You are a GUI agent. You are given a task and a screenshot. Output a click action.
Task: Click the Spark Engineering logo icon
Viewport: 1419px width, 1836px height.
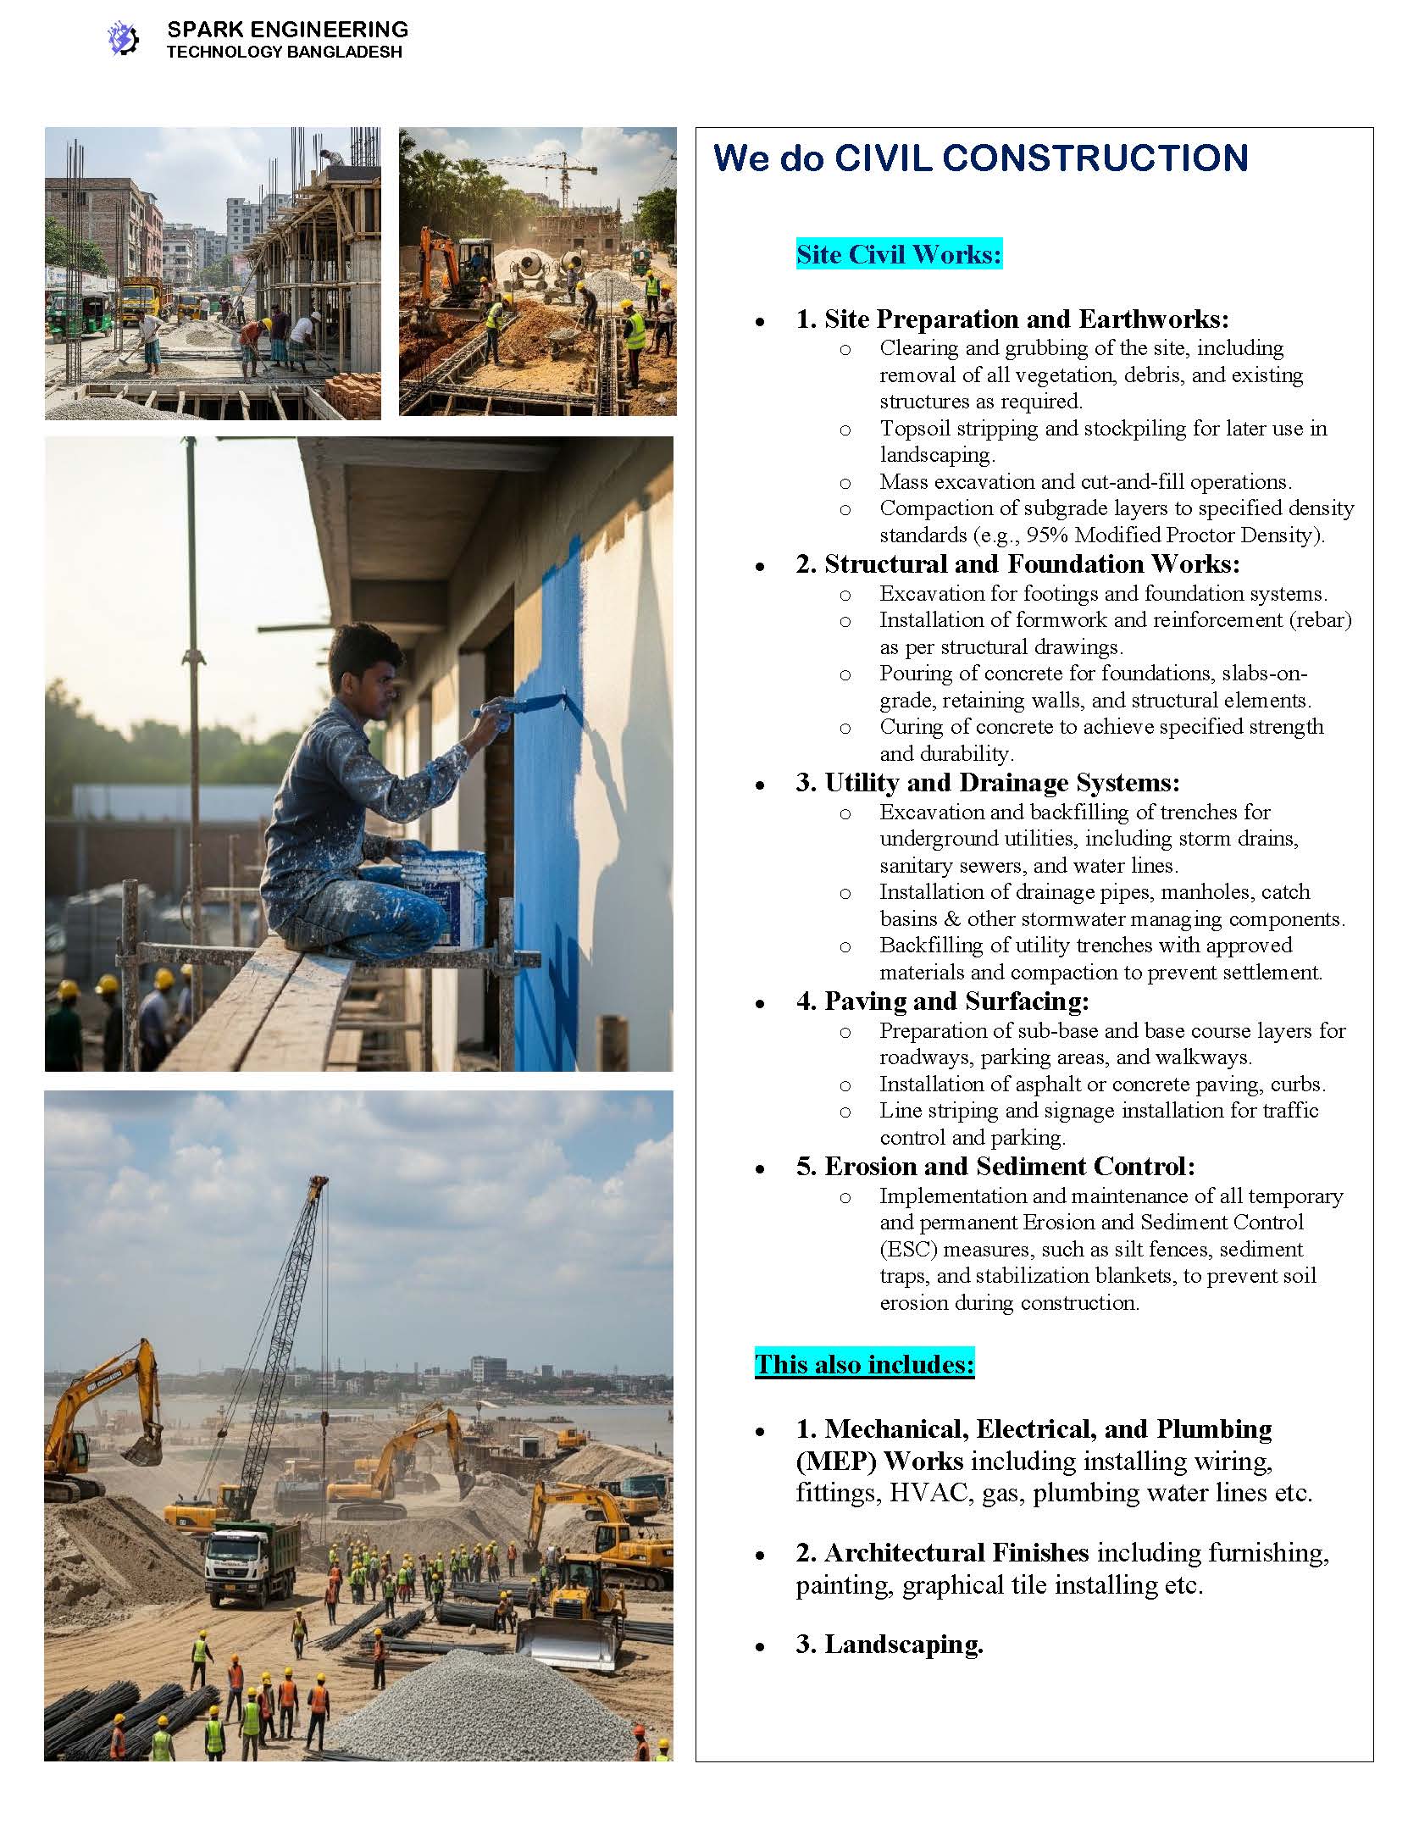pyautogui.click(x=123, y=39)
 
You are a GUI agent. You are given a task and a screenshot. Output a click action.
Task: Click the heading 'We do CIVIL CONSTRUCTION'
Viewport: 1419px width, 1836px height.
pyautogui.click(x=980, y=158)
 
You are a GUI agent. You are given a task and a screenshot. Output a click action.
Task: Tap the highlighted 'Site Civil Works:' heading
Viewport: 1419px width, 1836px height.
pyautogui.click(x=899, y=254)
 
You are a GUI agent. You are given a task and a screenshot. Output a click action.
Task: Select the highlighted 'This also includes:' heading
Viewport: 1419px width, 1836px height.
pyautogui.click(x=864, y=1364)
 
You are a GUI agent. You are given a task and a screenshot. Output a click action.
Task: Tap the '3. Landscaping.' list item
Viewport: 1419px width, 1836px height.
pyautogui.click(x=890, y=1644)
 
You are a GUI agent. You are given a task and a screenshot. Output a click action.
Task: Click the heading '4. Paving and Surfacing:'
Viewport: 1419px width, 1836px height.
pyautogui.click(x=942, y=1001)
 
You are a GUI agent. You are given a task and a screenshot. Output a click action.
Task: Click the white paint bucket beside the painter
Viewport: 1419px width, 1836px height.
pyautogui.click(x=443, y=897)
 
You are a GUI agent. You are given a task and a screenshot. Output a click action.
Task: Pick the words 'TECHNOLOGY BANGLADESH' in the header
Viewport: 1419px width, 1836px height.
pyautogui.click(x=284, y=53)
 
